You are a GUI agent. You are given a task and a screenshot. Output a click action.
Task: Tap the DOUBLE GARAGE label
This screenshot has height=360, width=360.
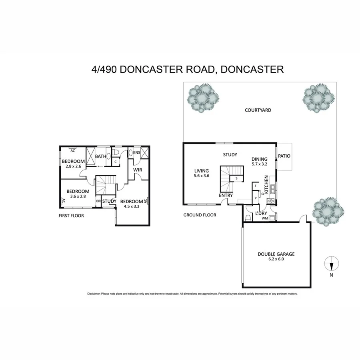click(276, 254)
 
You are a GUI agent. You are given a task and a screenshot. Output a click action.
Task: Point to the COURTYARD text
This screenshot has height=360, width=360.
click(258, 110)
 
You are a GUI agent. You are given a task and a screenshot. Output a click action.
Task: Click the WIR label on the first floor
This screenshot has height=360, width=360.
click(138, 170)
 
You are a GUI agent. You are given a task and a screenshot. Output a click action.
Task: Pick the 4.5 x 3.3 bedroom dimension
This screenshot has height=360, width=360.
click(131, 207)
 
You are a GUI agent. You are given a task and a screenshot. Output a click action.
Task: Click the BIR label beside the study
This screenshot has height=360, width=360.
click(98, 201)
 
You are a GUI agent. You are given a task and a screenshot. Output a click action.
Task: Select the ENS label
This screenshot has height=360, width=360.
click(137, 152)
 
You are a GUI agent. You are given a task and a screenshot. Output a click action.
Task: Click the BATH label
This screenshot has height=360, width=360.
click(100, 156)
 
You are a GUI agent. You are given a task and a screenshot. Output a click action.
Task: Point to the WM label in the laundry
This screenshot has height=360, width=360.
click(264, 218)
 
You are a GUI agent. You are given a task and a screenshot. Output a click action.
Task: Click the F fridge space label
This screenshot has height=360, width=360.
click(255, 186)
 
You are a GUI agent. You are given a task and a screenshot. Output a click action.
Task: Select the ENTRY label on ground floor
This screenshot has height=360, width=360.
click(226, 196)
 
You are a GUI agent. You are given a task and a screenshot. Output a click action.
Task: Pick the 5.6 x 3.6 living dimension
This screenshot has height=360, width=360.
click(201, 176)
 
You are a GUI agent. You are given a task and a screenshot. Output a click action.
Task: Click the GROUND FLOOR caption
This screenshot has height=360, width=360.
click(200, 215)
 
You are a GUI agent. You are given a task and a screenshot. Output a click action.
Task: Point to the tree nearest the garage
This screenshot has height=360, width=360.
click(328, 211)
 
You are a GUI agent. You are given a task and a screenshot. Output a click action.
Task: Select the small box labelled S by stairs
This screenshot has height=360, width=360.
click(237, 178)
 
